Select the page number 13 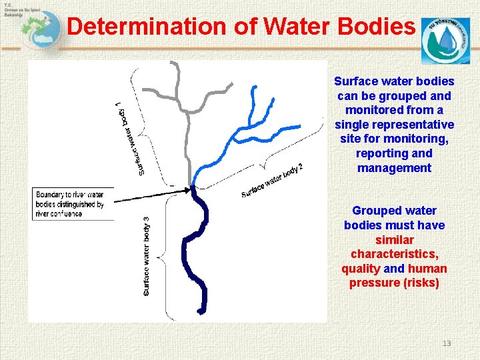[447, 343]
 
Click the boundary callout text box [72, 203]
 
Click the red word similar [394, 240]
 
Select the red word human [427, 269]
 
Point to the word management [394, 168]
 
